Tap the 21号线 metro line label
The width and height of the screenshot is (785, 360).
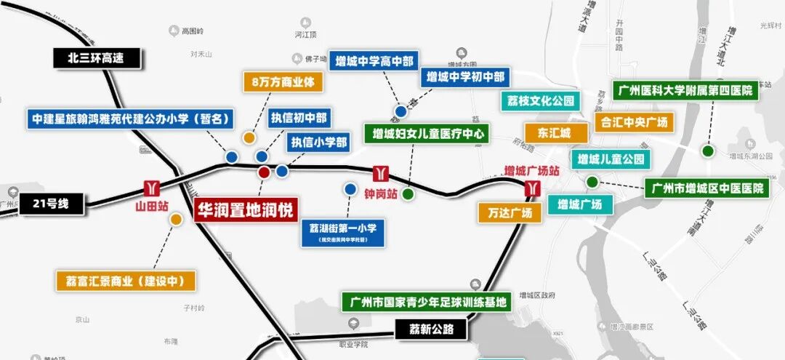(x=52, y=204)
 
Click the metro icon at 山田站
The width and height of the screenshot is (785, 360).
(x=152, y=188)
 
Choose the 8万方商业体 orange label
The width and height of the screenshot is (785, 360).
(x=283, y=82)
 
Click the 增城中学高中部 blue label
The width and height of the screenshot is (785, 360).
(x=374, y=61)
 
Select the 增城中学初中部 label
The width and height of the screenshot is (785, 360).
(x=465, y=77)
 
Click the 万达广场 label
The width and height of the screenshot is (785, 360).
(x=510, y=212)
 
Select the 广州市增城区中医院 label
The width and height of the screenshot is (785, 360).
(x=707, y=189)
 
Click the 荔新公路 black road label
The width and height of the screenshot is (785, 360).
(x=431, y=329)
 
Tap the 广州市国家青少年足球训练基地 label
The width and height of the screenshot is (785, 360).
(x=427, y=301)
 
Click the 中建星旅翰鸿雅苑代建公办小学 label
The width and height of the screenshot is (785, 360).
(x=132, y=119)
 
